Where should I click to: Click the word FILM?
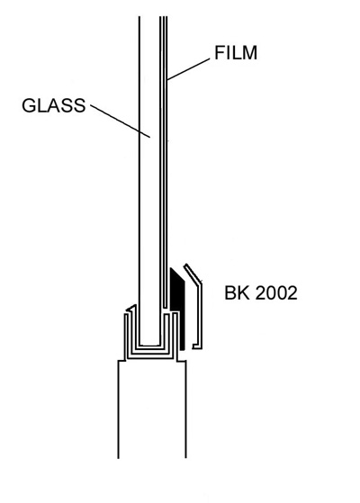point(236,52)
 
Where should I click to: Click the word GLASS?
point(54,105)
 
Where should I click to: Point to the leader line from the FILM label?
point(189,69)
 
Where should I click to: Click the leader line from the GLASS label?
point(121,121)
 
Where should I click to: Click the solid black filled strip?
point(178,309)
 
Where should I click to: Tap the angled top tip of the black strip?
point(171,268)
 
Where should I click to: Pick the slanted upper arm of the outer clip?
point(193,274)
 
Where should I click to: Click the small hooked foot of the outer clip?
point(196,346)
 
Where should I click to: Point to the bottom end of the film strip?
point(165,306)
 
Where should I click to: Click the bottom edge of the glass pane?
point(149,346)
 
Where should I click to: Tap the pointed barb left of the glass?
point(131,309)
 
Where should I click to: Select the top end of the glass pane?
point(149,17)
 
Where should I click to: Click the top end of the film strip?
point(165,17)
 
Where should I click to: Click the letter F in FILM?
point(220,52)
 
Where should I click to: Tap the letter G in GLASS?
point(29,105)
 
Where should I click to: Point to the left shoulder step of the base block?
point(121,361)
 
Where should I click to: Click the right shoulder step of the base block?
point(181,361)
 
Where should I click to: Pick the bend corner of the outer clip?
point(201,283)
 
